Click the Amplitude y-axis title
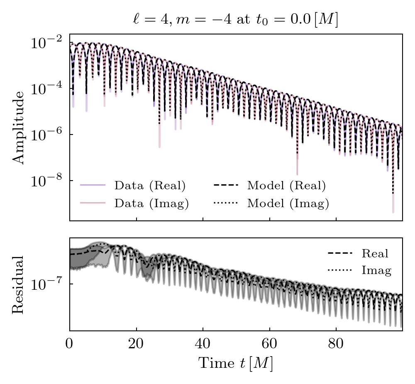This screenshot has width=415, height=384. tap(19, 127)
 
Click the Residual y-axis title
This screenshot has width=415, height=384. tap(19, 284)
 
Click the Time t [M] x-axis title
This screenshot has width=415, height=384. tap(235, 363)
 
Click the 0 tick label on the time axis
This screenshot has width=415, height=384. tap(70, 344)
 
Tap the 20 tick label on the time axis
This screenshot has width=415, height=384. tap(136, 344)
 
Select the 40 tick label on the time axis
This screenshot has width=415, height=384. tap(203, 344)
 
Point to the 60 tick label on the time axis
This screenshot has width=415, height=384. tap(269, 344)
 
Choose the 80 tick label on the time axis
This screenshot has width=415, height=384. tap(336, 344)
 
